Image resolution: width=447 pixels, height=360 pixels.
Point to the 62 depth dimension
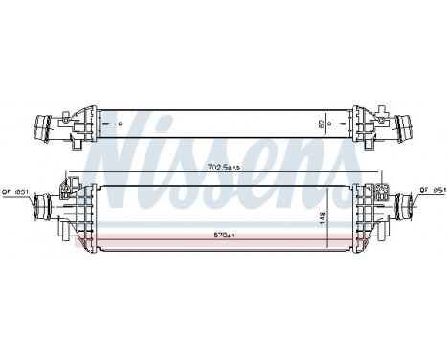tap(331, 123)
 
